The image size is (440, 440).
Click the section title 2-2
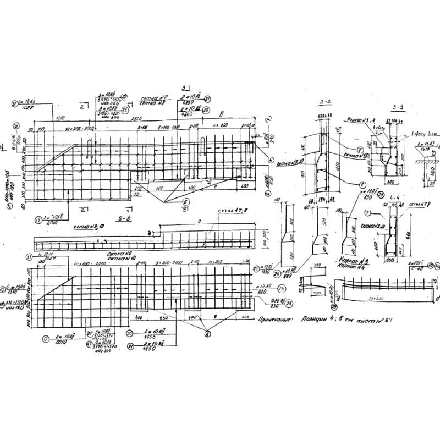(324, 103)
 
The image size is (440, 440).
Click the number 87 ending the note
(391, 318)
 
